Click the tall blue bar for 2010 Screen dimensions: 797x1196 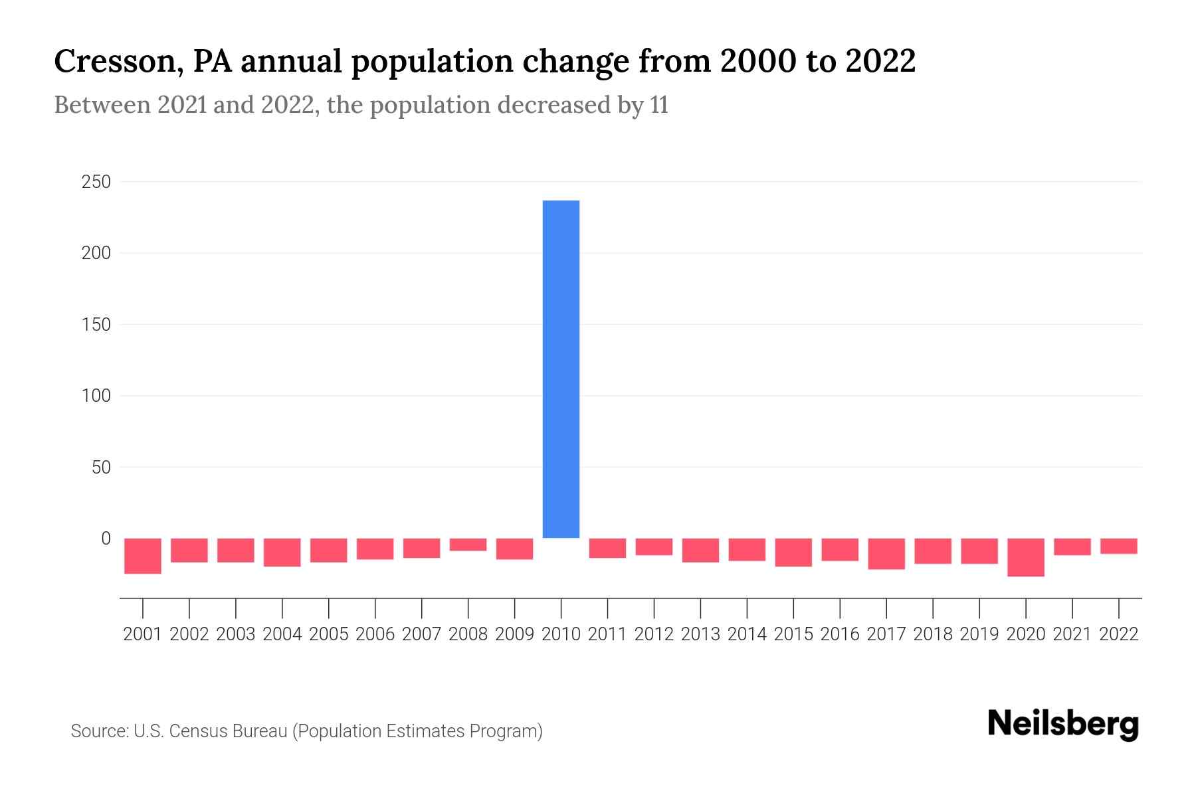(x=561, y=369)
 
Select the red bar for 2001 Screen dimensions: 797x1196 (x=143, y=556)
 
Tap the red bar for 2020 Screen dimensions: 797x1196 (x=1026, y=557)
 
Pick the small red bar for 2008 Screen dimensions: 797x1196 (x=468, y=545)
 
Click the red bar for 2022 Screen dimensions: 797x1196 (x=1119, y=546)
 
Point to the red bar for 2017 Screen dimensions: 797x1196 (x=886, y=554)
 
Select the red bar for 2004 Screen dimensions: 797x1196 (x=282, y=553)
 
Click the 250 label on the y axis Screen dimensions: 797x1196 (x=96, y=182)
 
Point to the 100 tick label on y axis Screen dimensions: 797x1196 (x=96, y=396)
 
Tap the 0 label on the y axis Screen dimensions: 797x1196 (x=105, y=539)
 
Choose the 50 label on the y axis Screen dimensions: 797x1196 (x=100, y=468)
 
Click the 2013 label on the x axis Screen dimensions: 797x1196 (x=700, y=634)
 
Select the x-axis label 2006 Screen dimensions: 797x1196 (x=375, y=634)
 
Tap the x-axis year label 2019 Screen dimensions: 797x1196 (x=979, y=634)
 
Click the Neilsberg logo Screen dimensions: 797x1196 (x=1063, y=725)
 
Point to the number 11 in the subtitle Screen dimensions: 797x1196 (x=659, y=106)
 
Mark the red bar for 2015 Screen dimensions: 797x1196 (x=793, y=553)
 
